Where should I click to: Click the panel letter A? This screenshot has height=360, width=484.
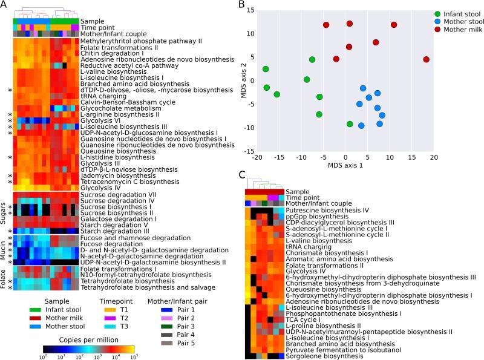5,5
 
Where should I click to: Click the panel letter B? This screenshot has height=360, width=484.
242,5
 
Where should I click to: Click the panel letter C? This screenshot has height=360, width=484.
242,175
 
